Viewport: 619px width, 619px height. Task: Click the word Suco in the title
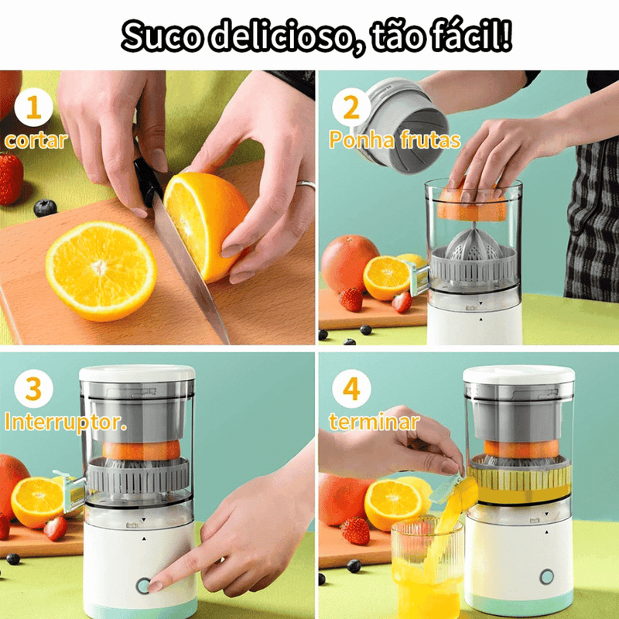point(166,36)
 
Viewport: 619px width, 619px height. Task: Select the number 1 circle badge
point(34,108)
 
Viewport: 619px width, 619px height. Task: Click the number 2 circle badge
point(351,108)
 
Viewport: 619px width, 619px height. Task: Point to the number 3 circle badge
point(34,389)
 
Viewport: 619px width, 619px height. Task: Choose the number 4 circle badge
point(351,389)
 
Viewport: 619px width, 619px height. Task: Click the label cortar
point(36,141)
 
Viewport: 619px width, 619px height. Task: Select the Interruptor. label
point(66,423)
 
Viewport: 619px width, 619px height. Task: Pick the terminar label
point(374,422)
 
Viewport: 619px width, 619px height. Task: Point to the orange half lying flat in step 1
point(101,270)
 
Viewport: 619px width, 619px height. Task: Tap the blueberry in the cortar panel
point(45,207)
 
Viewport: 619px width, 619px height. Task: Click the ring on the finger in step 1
point(306,184)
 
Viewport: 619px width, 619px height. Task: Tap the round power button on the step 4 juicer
point(547,577)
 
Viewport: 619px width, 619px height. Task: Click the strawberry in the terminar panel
point(355,531)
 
